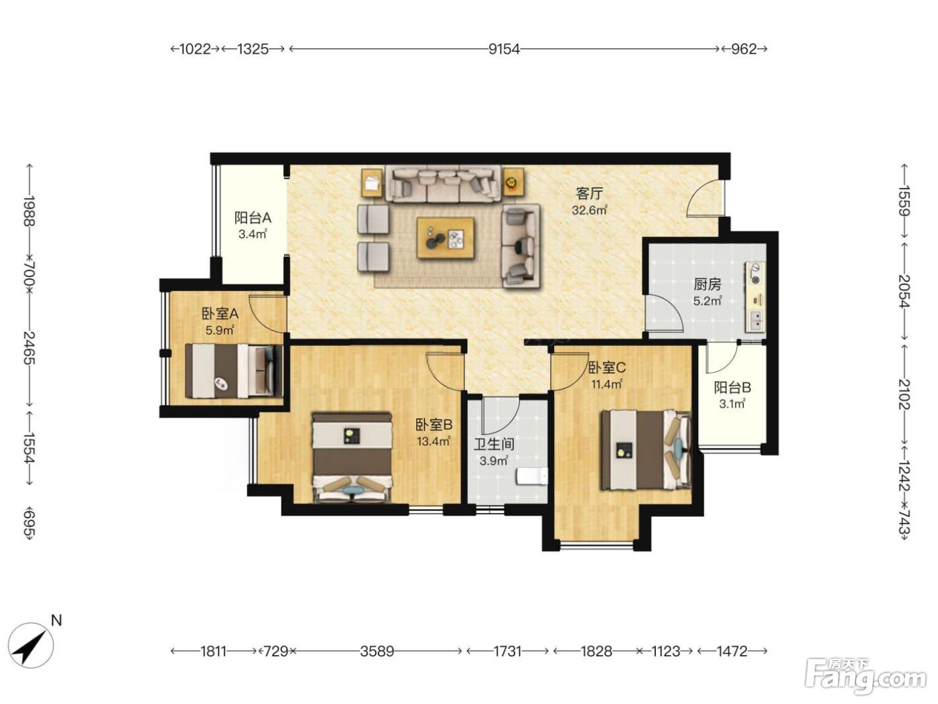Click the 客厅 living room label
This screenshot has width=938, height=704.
click(x=590, y=194)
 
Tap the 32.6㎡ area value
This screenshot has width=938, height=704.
click(x=590, y=211)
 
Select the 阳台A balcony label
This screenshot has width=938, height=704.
click(x=253, y=218)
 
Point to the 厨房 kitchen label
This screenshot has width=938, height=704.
click(x=708, y=284)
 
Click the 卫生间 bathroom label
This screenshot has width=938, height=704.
click(x=494, y=444)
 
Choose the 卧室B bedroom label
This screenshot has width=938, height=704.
click(x=433, y=424)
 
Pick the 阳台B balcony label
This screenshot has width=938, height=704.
click(x=732, y=388)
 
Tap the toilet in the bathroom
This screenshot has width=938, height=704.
click(x=532, y=476)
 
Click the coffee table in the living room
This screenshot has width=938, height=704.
click(x=446, y=237)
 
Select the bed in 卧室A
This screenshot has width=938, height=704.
click(x=233, y=371)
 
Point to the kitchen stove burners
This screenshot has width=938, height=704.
click(x=756, y=274)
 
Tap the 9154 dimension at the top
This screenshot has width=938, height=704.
click(x=505, y=49)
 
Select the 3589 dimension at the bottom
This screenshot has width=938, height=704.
click(x=377, y=651)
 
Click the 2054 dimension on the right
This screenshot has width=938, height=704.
click(x=904, y=292)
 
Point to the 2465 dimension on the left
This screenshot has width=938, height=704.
click(x=29, y=347)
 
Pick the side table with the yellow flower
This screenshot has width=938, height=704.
click(x=513, y=182)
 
